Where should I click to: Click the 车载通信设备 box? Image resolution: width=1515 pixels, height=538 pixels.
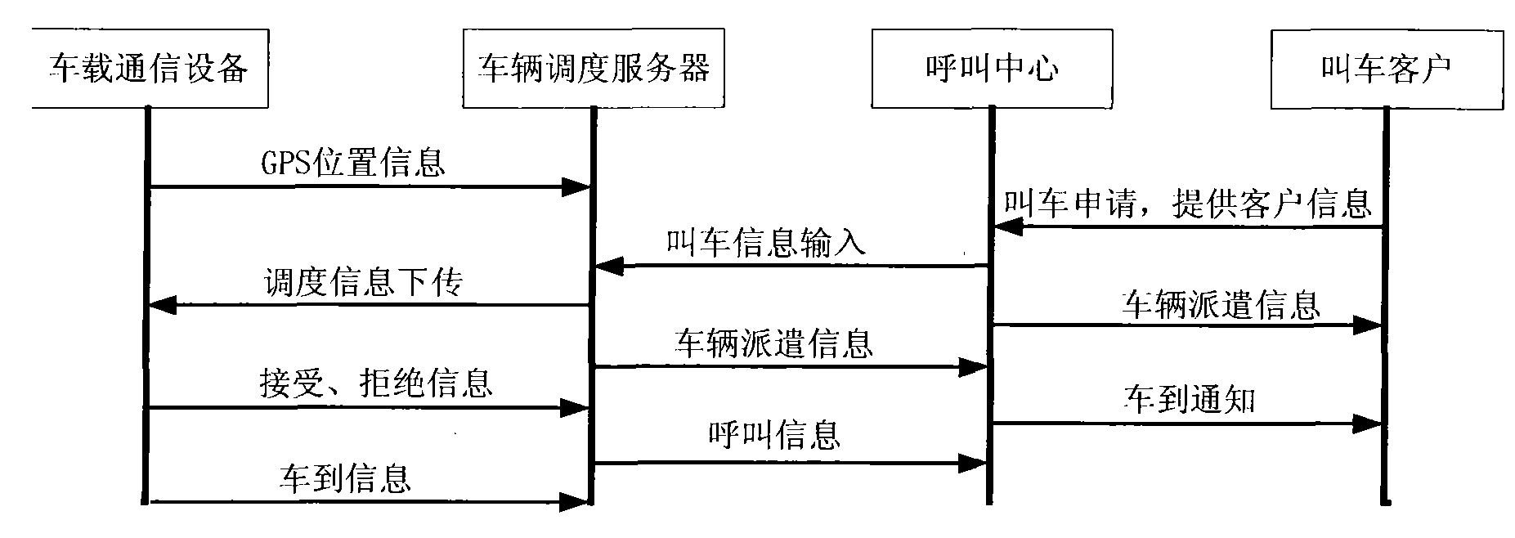pos(150,68)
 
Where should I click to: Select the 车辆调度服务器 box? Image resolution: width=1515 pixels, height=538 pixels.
pos(594,68)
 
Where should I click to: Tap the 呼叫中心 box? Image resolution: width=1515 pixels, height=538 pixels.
pos(991,68)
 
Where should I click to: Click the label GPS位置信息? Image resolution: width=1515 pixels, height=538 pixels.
pos(352,163)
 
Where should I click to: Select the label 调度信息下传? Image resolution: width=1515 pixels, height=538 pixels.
pos(363,282)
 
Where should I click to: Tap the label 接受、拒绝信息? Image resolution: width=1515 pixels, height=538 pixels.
pos(375,382)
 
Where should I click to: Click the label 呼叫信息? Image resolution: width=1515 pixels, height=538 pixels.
pos(773,434)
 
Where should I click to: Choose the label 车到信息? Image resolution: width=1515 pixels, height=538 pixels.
pos(345,477)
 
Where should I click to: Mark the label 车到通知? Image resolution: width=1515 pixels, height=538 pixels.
pos(1189,400)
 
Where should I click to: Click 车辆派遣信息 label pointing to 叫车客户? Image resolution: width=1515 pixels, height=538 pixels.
pos(1221,303)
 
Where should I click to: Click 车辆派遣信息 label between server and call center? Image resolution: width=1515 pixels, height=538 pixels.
pos(773,343)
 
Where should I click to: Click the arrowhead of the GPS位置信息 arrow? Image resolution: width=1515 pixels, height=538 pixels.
pos(576,188)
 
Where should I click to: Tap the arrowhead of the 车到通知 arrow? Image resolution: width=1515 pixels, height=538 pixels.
pos(1366,424)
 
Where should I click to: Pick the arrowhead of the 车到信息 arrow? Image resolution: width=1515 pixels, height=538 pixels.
pos(576,502)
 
